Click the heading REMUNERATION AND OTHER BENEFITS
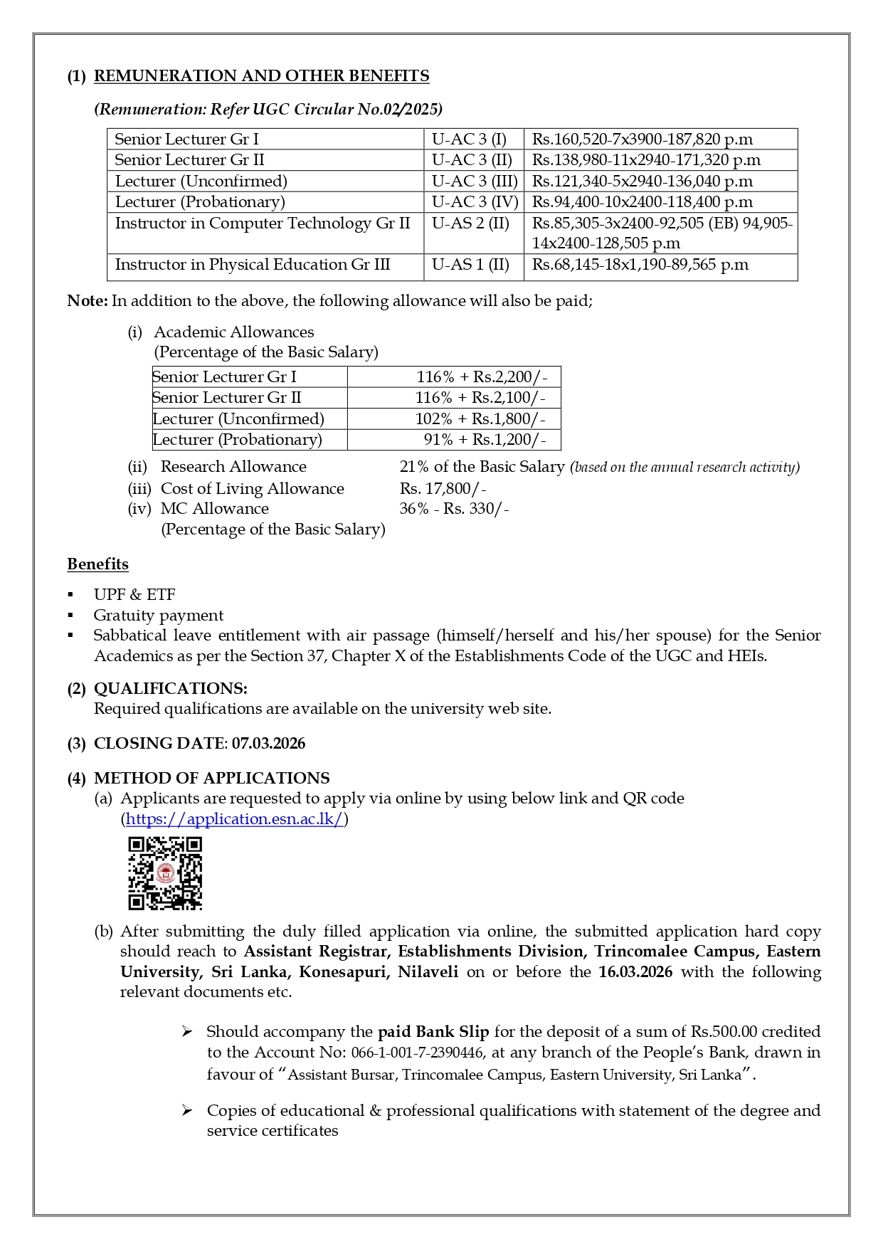(x=261, y=76)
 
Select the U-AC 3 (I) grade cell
(x=469, y=139)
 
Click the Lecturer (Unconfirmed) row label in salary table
(x=201, y=181)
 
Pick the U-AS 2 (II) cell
(x=470, y=223)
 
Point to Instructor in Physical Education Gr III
(x=253, y=265)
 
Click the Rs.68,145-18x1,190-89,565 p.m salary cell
(x=640, y=265)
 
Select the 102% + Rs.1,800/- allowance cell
(x=480, y=418)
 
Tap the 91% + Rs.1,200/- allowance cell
(x=485, y=440)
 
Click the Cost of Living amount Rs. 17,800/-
(x=443, y=489)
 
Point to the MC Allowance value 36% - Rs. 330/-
(x=454, y=509)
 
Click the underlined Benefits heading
(x=97, y=564)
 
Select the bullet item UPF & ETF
(x=134, y=595)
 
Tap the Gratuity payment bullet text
(x=158, y=616)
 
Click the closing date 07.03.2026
(x=268, y=744)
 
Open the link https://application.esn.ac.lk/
(x=235, y=819)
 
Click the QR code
(x=165, y=873)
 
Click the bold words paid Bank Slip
(x=433, y=1032)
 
